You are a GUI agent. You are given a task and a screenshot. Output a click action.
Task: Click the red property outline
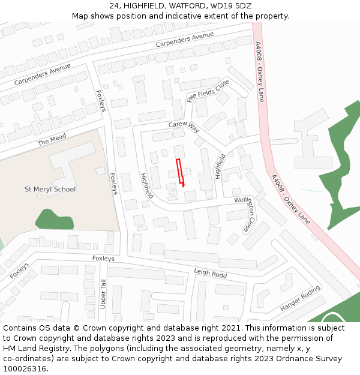pos(179,172)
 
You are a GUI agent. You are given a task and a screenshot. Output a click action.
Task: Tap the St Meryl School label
pos(50,189)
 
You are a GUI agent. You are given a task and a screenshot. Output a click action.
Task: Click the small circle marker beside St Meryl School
pos(40,196)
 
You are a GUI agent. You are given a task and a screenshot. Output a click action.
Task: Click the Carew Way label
pos(184,126)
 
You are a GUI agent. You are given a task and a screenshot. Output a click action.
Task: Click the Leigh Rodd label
pos(210,273)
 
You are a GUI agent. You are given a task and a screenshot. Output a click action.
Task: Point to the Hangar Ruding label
pos(300,299)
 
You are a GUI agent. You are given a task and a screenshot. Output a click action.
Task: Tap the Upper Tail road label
pos(103,295)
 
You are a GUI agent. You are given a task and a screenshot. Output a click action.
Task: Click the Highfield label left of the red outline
pos(146,186)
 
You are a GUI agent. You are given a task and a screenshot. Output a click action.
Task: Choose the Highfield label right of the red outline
pos(220,166)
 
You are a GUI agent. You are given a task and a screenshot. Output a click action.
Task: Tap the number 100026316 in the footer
pos(25,368)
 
